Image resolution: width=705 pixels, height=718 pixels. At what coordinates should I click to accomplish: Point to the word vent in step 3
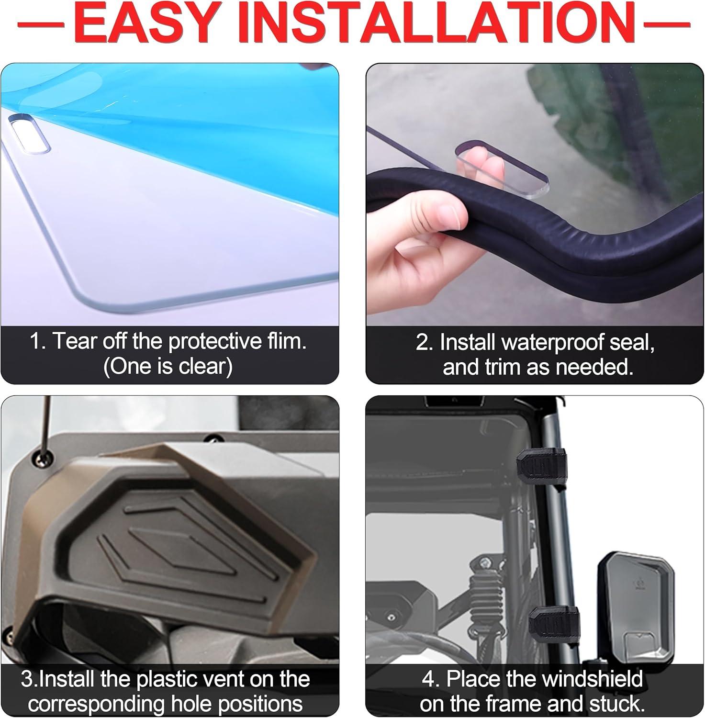(x=252, y=679)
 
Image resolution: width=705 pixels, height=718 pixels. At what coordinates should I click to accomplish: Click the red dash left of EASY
(x=41, y=23)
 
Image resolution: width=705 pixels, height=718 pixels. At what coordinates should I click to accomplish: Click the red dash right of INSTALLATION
(x=666, y=23)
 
